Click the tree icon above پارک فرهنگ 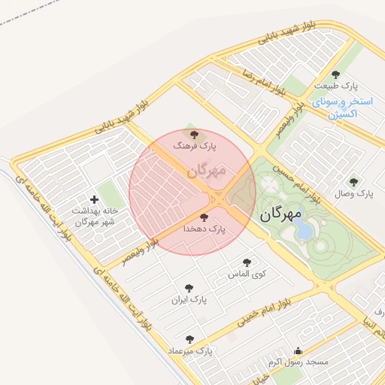tap(195, 135)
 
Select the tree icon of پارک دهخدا tap(204, 217)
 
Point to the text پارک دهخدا tap(206, 228)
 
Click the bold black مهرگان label tap(280, 215)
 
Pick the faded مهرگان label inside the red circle tap(206, 172)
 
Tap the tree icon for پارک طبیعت tap(335, 74)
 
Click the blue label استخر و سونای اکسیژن tap(341, 108)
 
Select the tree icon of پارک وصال tap(353, 182)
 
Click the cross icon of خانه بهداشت tap(94, 199)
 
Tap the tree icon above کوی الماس tap(247, 262)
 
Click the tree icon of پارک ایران tap(188, 288)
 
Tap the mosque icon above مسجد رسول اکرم tap(299, 350)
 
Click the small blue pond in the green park tap(304, 230)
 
